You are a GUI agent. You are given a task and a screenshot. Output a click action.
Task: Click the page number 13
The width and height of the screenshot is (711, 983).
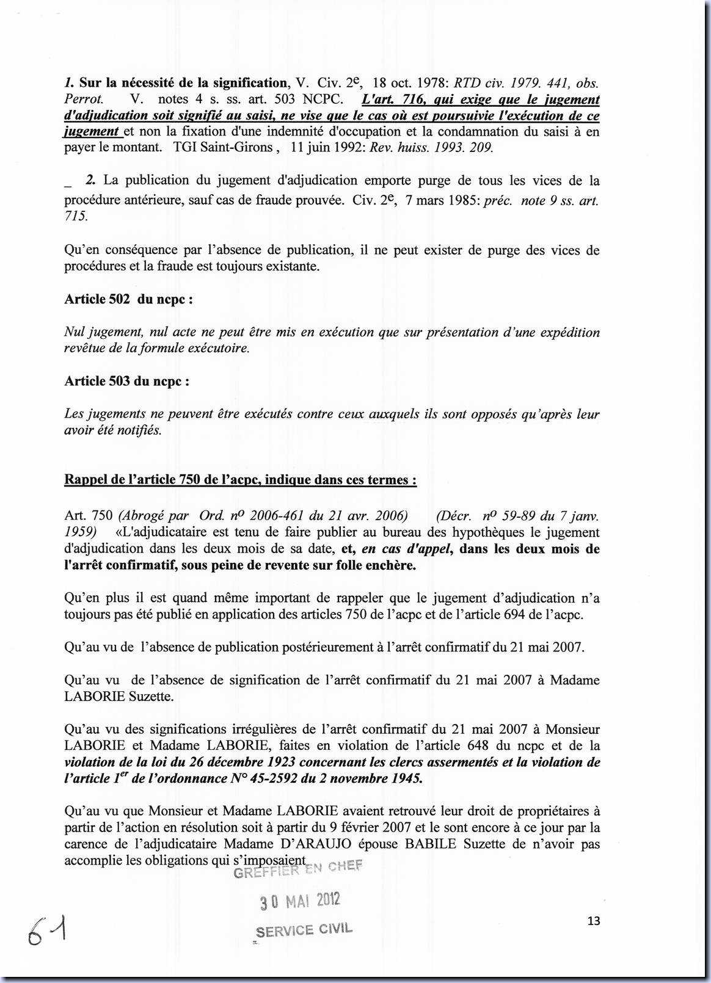(593, 921)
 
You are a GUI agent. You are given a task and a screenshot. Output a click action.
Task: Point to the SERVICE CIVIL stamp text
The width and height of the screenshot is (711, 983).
(304, 930)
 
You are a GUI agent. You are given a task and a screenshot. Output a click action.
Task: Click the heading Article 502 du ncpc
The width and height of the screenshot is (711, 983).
(129, 299)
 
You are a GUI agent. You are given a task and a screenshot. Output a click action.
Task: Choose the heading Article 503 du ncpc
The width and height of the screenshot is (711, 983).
(126, 381)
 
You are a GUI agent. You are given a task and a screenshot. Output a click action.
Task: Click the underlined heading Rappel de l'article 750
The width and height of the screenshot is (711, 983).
(241, 480)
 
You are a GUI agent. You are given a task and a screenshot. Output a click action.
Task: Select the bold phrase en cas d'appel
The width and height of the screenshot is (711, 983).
(406, 548)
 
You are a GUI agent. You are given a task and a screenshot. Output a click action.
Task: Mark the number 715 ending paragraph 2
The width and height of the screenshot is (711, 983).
(76, 217)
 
